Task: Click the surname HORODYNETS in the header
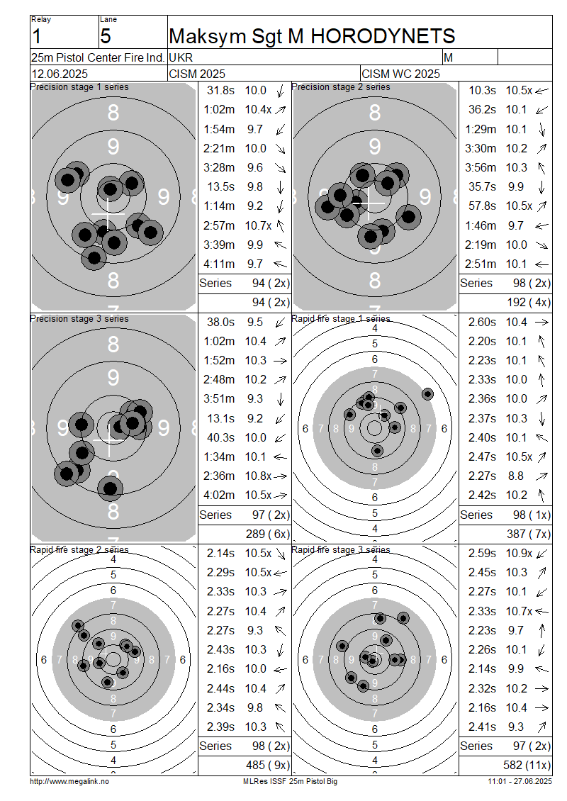tap(383, 36)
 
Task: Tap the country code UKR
tap(181, 57)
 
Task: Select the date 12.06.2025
tap(60, 74)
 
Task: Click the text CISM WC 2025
tap(400, 74)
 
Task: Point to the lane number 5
tap(105, 37)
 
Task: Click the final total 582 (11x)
tap(527, 766)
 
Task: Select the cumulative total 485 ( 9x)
tap(268, 766)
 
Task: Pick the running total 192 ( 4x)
tap(529, 303)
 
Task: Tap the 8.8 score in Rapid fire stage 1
tap(516, 476)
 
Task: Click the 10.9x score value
tap(519, 553)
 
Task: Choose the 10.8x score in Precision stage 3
tap(258, 476)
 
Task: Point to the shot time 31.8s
tap(220, 91)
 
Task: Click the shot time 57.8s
tap(482, 206)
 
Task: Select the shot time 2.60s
tap(482, 322)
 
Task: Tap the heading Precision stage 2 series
tap(341, 87)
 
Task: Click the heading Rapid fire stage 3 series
tap(341, 549)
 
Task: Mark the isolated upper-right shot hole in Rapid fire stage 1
tap(427, 394)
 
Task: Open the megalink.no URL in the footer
tap(69, 781)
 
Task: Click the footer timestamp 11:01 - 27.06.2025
tap(520, 781)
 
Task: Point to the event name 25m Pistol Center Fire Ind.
tap(98, 57)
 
